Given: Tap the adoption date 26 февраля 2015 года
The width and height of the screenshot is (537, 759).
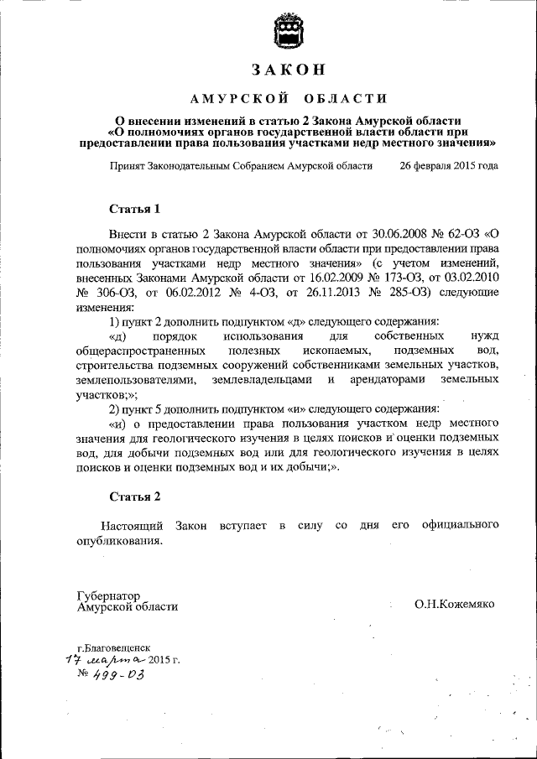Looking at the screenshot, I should (448, 166).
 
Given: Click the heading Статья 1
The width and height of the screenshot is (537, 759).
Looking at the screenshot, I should (134, 207).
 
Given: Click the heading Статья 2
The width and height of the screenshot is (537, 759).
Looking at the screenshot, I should (134, 496).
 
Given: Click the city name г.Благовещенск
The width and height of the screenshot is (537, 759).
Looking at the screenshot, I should (114, 648).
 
